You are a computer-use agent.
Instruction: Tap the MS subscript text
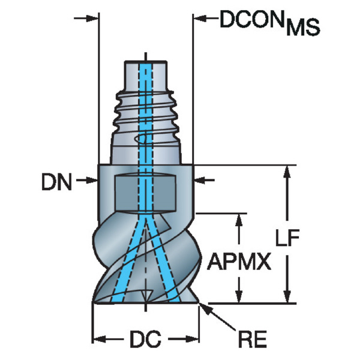pyautogui.click(x=303, y=27)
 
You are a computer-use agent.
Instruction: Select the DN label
pyautogui.click(x=56, y=182)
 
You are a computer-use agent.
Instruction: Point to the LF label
pyautogui.click(x=287, y=237)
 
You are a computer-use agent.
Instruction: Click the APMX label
pyautogui.click(x=239, y=262)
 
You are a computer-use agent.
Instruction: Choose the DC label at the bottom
pyautogui.click(x=145, y=340)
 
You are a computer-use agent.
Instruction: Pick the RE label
pyautogui.click(x=253, y=339)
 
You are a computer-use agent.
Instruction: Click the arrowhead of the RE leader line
pyautogui.click(x=205, y=310)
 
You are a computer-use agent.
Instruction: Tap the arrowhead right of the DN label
pyautogui.click(x=92, y=181)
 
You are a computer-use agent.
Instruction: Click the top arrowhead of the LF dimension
pyautogui.click(x=287, y=172)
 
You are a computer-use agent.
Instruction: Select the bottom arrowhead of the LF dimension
pyautogui.click(x=287, y=296)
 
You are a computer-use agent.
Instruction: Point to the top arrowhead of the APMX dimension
pyautogui.click(x=239, y=220)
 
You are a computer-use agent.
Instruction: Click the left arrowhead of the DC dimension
pyautogui.click(x=99, y=339)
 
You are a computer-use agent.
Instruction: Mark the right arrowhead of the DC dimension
pyautogui.click(x=192, y=339)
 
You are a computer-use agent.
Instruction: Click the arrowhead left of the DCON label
pyautogui.click(x=200, y=19)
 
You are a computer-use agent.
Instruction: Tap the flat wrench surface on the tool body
pyautogui.click(x=145, y=193)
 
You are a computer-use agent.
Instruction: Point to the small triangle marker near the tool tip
pyautogui.click(x=146, y=296)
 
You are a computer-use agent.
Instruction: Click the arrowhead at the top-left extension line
pyautogui.click(x=92, y=19)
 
